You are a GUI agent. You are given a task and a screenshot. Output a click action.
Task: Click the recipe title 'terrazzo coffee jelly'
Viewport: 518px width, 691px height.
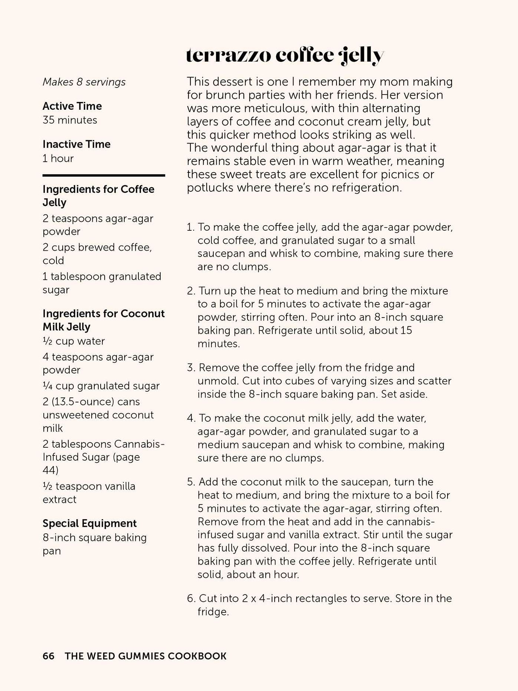pyautogui.click(x=285, y=56)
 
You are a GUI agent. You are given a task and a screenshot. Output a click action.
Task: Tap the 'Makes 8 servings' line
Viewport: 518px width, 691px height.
pyautogui.click(x=84, y=82)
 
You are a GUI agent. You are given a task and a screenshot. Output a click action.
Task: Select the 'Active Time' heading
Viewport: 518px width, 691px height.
pyautogui.click(x=72, y=106)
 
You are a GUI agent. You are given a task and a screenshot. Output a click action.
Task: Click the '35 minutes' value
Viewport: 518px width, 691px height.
pyautogui.click(x=70, y=120)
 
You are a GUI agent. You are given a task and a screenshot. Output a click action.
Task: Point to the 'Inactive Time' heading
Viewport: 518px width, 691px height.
pyautogui.click(x=76, y=144)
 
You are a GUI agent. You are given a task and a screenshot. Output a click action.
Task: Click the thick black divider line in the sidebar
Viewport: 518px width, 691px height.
pyautogui.click(x=104, y=175)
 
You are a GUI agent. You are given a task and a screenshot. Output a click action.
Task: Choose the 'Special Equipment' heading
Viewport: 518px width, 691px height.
pyautogui.click(x=89, y=523)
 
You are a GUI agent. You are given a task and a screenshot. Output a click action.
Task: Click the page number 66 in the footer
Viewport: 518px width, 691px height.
pyautogui.click(x=48, y=656)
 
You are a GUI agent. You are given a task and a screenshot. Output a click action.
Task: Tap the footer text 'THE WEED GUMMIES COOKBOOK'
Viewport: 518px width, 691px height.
pyautogui.click(x=145, y=656)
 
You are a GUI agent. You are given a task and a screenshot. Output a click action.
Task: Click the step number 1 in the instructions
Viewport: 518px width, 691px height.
pyautogui.click(x=190, y=227)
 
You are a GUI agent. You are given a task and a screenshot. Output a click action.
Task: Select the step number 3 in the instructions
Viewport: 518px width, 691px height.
pyautogui.click(x=191, y=368)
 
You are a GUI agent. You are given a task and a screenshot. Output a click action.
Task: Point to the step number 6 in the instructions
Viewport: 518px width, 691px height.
pyautogui.click(x=191, y=598)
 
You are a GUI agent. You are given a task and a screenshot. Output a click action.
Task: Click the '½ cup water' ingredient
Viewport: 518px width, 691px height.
pyautogui.click(x=73, y=341)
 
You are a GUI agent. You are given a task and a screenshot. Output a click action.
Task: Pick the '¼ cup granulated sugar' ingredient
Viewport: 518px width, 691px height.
pyautogui.click(x=101, y=386)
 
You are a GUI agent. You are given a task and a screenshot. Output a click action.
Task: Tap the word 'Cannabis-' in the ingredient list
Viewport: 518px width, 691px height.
pyautogui.click(x=140, y=444)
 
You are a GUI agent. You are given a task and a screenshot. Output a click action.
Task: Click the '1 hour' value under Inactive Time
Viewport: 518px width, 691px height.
pyautogui.click(x=58, y=158)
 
